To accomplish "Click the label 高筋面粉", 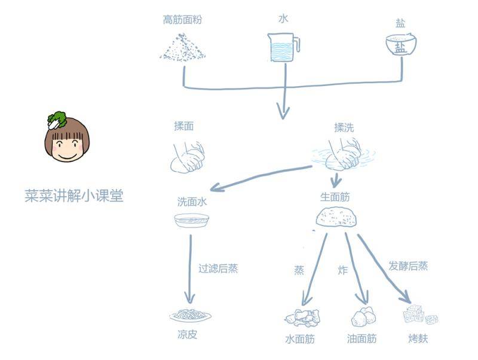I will [x=182, y=20].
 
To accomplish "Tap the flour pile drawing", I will [x=183, y=47].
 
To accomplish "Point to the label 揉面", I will [x=183, y=127].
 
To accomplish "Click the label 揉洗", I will [x=344, y=127].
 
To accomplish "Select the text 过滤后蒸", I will [x=218, y=269].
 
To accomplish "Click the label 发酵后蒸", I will [x=408, y=266].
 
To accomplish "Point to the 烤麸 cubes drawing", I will [x=420, y=315].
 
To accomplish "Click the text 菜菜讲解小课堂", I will [x=73, y=196].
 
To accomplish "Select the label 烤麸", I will [x=418, y=338].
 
